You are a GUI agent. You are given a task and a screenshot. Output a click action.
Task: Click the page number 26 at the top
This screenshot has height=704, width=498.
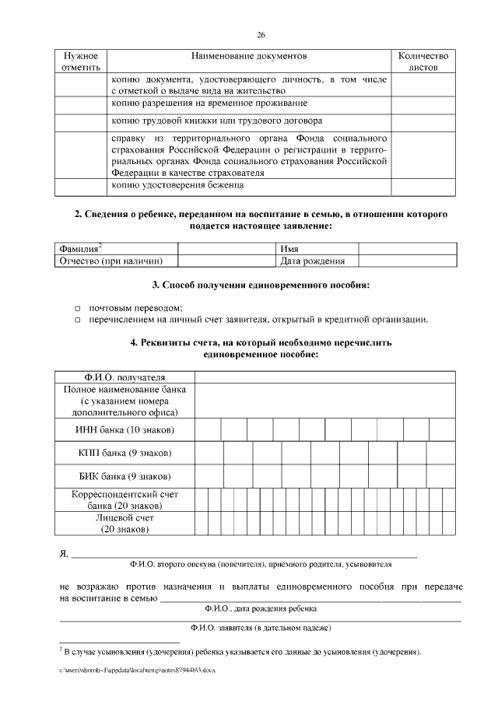(x=261, y=36)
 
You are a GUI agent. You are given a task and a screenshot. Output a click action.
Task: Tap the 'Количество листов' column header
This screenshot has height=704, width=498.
(x=423, y=62)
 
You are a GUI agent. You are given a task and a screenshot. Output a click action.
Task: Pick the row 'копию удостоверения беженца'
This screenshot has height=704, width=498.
(x=178, y=185)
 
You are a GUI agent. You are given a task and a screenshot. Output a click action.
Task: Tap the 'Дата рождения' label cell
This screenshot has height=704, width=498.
(x=312, y=261)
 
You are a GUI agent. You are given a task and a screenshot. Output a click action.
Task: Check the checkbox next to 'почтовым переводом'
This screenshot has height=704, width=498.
(x=78, y=308)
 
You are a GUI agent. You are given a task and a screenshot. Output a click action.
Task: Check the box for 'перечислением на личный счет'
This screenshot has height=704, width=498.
(x=78, y=320)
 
